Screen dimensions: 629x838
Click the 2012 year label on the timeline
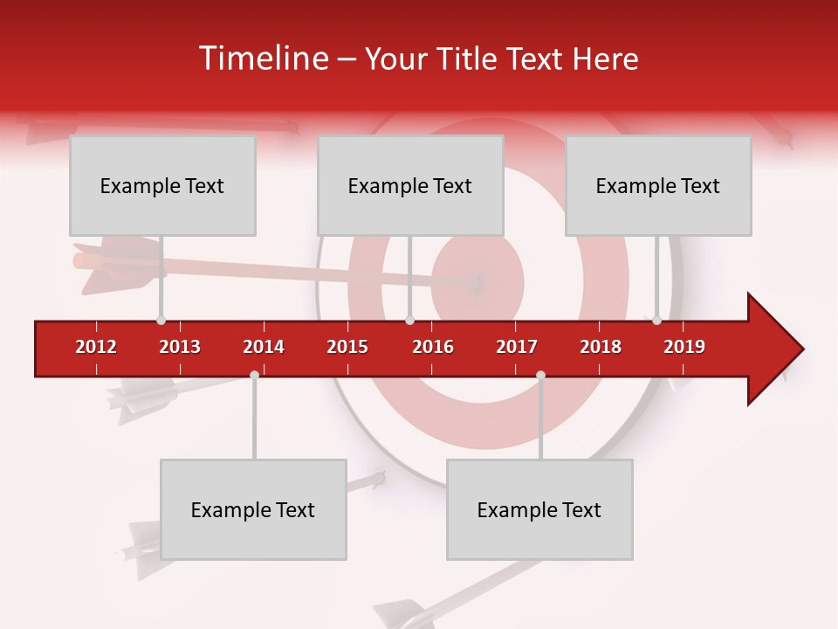tap(96, 347)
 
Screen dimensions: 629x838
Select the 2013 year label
tap(180, 347)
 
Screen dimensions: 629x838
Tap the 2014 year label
tap(264, 347)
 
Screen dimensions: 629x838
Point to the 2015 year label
tap(347, 347)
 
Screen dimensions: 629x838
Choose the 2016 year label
tap(433, 347)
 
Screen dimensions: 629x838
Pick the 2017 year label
tap(517, 347)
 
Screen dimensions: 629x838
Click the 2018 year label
tap(601, 347)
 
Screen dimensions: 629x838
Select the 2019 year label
tap(684, 347)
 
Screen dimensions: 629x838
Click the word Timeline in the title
tap(262, 59)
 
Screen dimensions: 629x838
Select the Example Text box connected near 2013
tap(162, 185)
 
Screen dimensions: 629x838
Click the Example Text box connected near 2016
tap(410, 185)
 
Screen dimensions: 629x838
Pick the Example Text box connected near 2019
tap(658, 185)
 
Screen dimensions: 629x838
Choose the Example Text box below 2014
tap(253, 509)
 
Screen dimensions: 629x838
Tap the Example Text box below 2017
tap(539, 509)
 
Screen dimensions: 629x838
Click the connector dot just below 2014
tap(254, 376)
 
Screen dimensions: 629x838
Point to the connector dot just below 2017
tap(540, 376)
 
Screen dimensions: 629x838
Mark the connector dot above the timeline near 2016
tap(409, 321)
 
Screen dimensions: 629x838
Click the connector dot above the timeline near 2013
tap(161, 321)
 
